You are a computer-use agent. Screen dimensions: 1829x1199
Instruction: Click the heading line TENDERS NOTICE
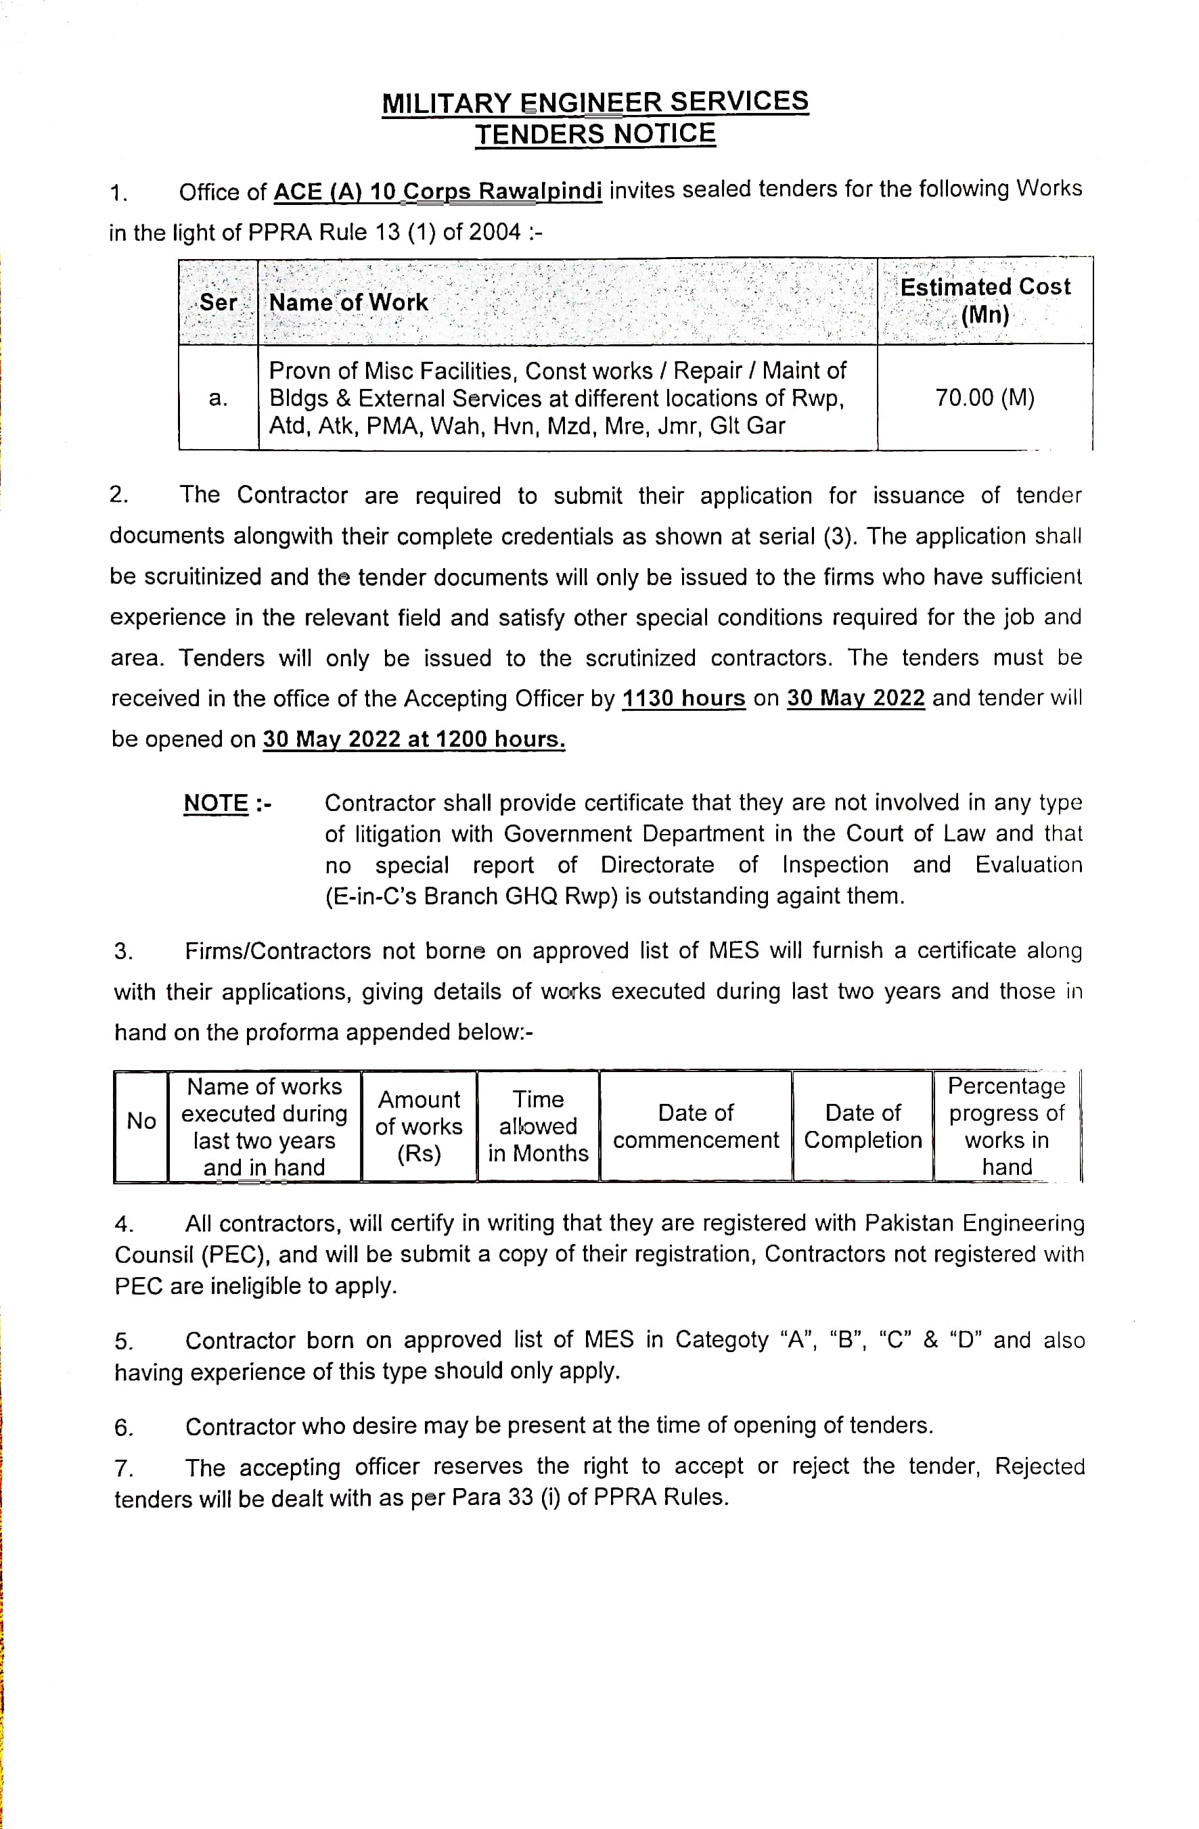click(x=595, y=134)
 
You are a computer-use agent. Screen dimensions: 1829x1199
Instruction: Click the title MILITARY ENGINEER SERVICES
click(x=595, y=102)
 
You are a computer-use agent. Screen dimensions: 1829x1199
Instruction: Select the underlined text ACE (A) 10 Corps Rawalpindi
click(x=437, y=191)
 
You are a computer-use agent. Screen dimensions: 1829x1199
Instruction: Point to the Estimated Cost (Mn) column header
click(x=985, y=300)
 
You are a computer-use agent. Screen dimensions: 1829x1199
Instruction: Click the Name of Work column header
click(x=348, y=303)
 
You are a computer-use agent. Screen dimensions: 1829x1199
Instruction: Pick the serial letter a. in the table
click(x=219, y=398)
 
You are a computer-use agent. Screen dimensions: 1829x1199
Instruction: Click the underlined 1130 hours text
click(x=683, y=698)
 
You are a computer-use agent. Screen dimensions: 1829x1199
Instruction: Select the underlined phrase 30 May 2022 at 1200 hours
click(x=413, y=739)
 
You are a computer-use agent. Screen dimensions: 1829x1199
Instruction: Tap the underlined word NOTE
click(x=216, y=803)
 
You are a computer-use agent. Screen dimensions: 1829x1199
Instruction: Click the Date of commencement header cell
click(x=696, y=1126)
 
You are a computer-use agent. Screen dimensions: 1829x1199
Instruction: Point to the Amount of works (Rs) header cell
click(x=419, y=1126)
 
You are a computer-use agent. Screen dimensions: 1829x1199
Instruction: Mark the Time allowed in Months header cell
click(x=538, y=1126)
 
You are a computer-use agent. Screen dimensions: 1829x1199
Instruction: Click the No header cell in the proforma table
click(x=141, y=1121)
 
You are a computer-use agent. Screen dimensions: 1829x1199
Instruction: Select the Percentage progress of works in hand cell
click(x=1006, y=1126)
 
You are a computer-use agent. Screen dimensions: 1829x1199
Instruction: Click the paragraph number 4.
click(x=124, y=1224)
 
